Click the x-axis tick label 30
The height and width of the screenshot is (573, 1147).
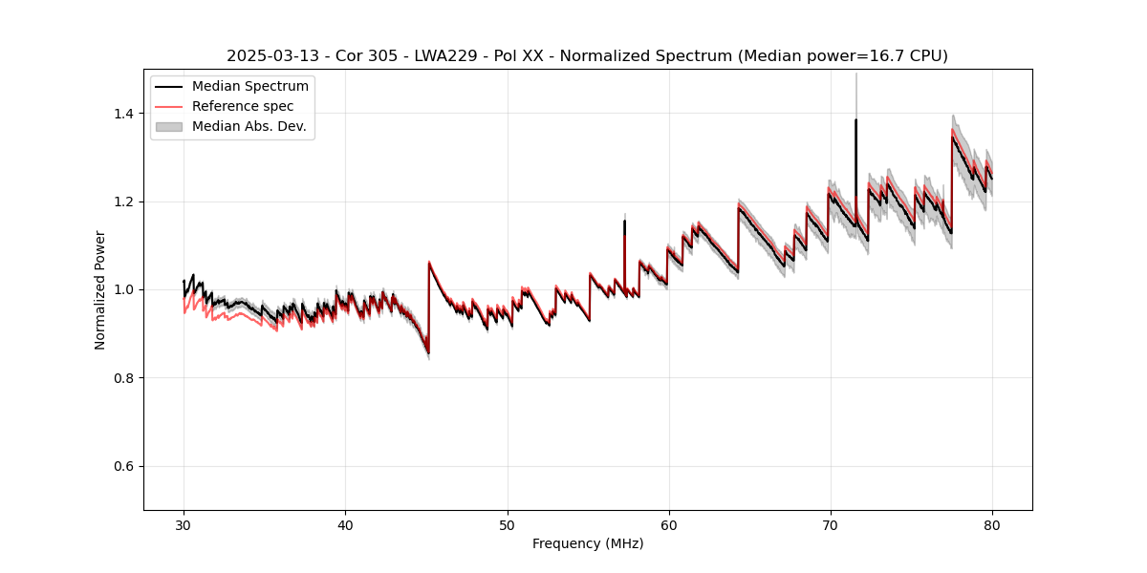[184, 524]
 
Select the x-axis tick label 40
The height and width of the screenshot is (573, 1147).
[345, 524]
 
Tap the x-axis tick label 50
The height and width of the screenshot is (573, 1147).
[508, 524]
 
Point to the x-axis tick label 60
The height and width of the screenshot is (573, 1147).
[669, 524]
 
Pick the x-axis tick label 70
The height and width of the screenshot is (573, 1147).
[831, 524]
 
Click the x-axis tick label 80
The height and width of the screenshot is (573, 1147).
[992, 524]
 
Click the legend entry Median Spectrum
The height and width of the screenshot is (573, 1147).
[250, 87]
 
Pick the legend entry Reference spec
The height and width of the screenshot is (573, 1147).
[243, 106]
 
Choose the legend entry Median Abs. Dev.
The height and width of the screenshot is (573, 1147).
[249, 126]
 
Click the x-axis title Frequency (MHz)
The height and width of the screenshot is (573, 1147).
[588, 543]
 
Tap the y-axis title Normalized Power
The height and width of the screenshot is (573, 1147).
[100, 289]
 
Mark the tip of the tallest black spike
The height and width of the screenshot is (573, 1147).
[855, 120]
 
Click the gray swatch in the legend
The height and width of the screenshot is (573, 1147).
[169, 126]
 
